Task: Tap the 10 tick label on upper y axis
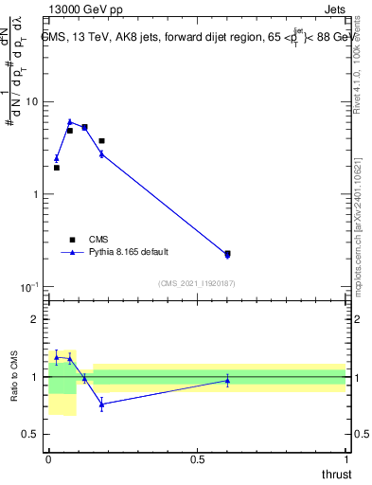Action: point(31,101)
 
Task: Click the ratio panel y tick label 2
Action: point(35,319)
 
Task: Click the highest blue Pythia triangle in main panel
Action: point(70,121)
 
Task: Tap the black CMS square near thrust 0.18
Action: point(101,140)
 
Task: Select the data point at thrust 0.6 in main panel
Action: point(227,254)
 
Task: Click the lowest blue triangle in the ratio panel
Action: point(101,404)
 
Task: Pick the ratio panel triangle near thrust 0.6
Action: point(227,380)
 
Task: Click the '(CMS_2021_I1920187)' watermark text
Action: point(196,283)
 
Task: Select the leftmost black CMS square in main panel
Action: point(57,168)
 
